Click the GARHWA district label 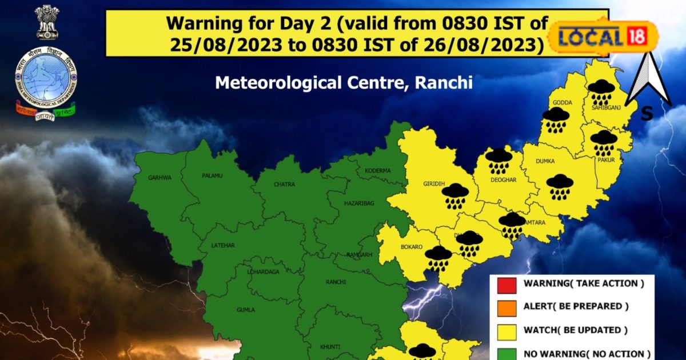[x=159, y=178]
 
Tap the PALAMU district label [x=212, y=175]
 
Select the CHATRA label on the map [x=284, y=185]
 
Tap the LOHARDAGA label [x=264, y=272]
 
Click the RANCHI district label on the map [x=336, y=282]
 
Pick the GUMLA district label [x=246, y=310]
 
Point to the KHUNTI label [x=330, y=347]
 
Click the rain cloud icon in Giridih [x=456, y=195]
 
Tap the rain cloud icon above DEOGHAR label [x=499, y=161]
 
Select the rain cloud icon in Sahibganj [x=601, y=91]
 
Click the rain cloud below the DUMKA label [x=560, y=186]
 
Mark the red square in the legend [x=506, y=283]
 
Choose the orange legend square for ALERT [x=506, y=307]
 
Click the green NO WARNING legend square [x=506, y=354]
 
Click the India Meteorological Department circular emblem [x=46, y=74]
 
